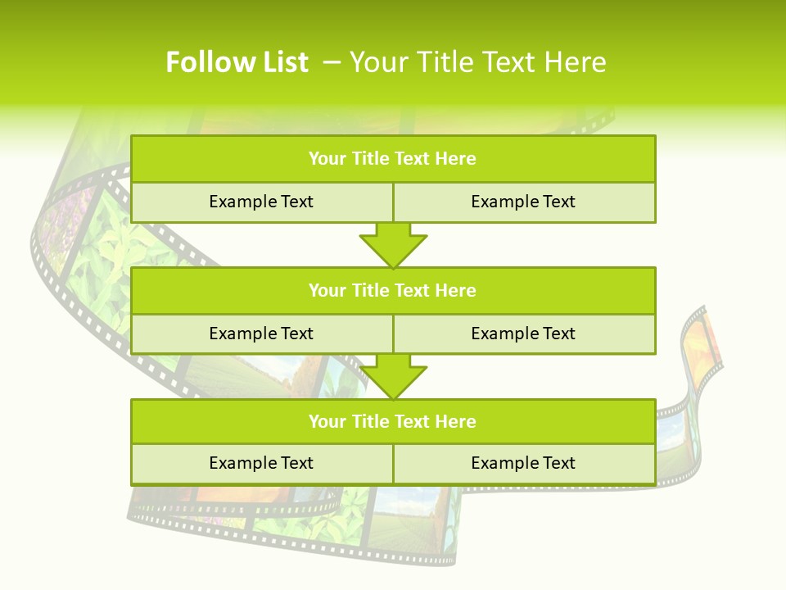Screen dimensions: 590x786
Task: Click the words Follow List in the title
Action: pyautogui.click(x=237, y=62)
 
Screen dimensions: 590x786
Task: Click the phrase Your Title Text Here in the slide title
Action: pyautogui.click(x=477, y=62)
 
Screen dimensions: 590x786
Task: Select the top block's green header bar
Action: pyautogui.click(x=393, y=159)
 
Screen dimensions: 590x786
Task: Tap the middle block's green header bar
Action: pyautogui.click(x=393, y=290)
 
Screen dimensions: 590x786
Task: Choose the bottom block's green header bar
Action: pyautogui.click(x=393, y=421)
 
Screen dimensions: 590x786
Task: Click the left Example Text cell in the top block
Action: pyautogui.click(x=261, y=202)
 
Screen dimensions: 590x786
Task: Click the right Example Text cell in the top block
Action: pyautogui.click(x=523, y=202)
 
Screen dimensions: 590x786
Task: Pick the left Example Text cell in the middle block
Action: pyautogui.click(x=261, y=334)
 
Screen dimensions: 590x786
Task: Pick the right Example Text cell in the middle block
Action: pyautogui.click(x=523, y=334)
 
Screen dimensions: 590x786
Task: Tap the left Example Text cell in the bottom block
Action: pyautogui.click(x=261, y=463)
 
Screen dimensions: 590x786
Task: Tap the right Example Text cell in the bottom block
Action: pyautogui.click(x=523, y=463)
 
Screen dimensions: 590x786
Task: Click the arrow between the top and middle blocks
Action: pyautogui.click(x=393, y=245)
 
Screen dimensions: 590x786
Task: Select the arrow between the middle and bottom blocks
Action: pyautogui.click(x=393, y=376)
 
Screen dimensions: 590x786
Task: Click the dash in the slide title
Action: pyautogui.click(x=332, y=62)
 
